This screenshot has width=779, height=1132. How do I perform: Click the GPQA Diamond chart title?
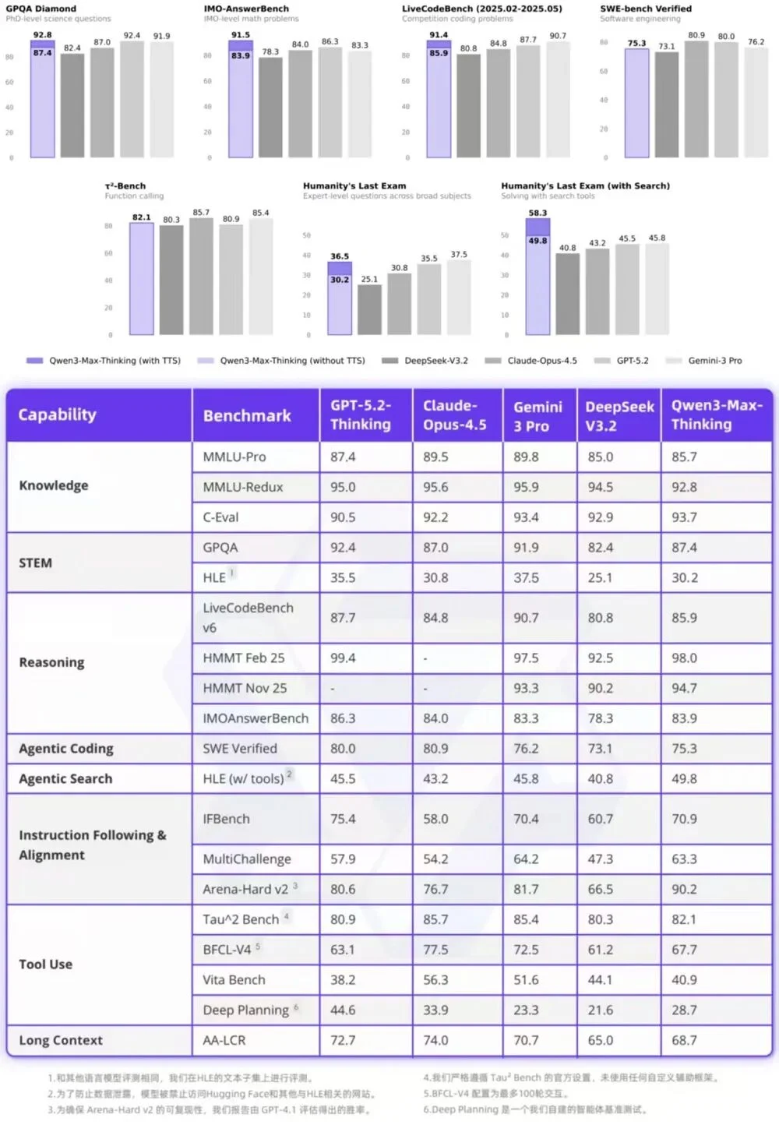[41, 9]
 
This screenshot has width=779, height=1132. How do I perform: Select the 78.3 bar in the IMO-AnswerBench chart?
[270, 108]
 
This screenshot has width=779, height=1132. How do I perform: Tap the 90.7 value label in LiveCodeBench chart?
[558, 36]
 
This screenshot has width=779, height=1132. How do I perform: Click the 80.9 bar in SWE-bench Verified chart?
[696, 99]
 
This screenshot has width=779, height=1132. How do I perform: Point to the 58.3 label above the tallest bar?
[538, 213]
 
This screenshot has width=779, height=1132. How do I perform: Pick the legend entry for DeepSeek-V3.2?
[427, 361]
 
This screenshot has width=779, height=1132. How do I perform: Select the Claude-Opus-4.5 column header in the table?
[455, 415]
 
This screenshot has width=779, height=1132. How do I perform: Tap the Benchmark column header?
[247, 415]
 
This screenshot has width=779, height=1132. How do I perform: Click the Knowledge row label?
[54, 485]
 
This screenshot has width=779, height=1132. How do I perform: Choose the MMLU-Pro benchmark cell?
[234, 457]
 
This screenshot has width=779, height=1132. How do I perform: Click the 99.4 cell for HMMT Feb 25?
[343, 658]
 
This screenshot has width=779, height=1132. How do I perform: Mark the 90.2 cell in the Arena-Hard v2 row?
[684, 889]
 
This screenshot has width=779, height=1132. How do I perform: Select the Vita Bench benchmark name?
[234, 979]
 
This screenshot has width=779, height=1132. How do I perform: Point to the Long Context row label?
[61, 1040]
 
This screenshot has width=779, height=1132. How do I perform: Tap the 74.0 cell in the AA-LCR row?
[435, 1040]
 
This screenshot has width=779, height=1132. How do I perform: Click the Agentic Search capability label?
[65, 778]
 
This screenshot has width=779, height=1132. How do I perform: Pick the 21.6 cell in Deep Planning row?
[600, 1010]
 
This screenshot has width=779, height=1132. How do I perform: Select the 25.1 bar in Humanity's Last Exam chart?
[369, 309]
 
